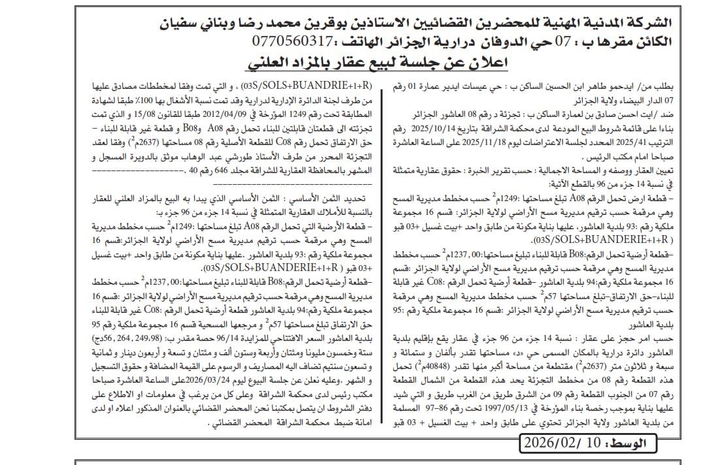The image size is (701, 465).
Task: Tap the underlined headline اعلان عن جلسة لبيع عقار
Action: [378, 63]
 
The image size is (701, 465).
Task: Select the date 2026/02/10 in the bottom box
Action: [571, 443]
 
